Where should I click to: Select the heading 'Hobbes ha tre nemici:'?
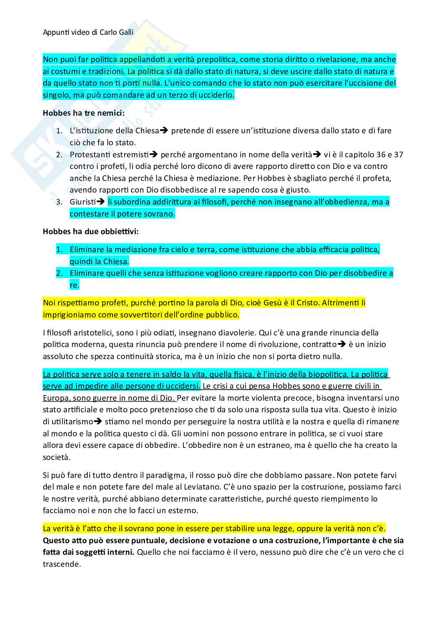point(84,113)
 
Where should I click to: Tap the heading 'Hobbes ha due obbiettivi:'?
point(91,231)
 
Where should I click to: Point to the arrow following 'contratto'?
point(342,344)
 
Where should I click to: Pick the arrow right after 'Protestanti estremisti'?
point(154,154)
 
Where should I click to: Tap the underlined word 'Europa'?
point(55,398)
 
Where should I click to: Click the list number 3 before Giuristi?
point(59,202)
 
